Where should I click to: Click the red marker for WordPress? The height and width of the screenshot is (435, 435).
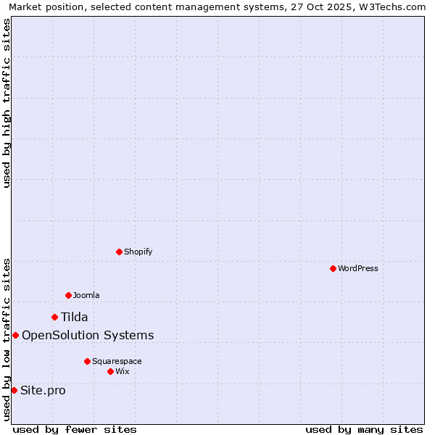click(333, 268)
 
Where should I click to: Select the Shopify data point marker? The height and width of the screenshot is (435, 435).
click(119, 252)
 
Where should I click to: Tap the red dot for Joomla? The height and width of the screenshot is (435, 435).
click(68, 295)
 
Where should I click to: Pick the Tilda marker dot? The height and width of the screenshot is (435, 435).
click(54, 317)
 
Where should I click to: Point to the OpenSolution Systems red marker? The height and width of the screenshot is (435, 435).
click(15, 335)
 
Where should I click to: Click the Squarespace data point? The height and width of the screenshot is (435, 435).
click(87, 361)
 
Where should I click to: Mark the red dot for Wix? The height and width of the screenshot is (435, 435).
click(110, 371)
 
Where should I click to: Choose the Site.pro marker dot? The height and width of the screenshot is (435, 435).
click(14, 390)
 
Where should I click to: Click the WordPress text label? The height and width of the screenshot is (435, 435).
click(358, 268)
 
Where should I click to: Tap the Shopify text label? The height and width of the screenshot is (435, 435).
click(138, 252)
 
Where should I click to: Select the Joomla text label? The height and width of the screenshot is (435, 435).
click(86, 295)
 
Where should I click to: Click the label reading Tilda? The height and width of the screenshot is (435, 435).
click(74, 317)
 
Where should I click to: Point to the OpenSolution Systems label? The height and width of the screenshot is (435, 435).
click(88, 335)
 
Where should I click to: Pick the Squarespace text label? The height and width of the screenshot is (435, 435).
click(117, 361)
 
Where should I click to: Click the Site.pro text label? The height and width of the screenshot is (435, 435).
click(43, 391)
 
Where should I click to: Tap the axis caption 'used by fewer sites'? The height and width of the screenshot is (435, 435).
click(75, 429)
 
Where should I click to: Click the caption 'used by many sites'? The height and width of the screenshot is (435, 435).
click(364, 429)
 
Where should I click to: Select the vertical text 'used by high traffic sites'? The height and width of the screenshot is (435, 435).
click(7, 103)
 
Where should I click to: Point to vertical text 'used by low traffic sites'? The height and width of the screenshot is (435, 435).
click(7, 339)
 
